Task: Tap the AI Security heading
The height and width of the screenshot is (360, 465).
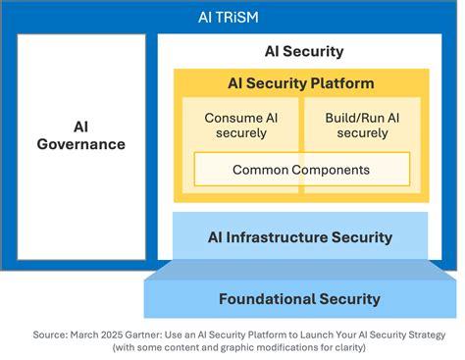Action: tap(304, 51)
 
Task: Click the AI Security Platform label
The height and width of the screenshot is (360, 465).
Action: tap(300, 83)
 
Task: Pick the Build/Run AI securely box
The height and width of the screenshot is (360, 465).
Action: tap(361, 126)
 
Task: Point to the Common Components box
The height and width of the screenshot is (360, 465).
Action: tap(300, 170)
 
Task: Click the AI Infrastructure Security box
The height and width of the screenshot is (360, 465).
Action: tap(300, 237)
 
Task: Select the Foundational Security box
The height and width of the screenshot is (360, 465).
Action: tap(299, 298)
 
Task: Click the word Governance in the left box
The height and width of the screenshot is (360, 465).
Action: tap(81, 144)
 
